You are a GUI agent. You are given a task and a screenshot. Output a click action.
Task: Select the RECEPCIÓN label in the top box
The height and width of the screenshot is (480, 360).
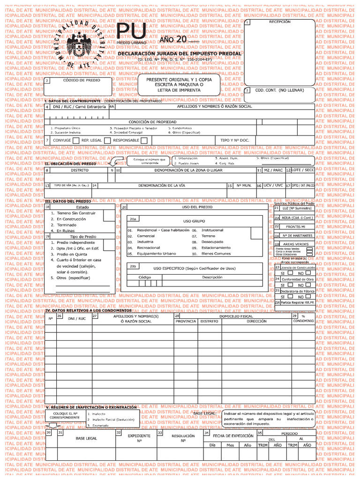[279, 22]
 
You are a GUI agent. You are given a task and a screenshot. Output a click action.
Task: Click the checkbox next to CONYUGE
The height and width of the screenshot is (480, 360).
[76, 140]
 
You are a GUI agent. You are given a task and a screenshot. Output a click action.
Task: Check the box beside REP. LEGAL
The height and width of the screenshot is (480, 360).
[107, 140]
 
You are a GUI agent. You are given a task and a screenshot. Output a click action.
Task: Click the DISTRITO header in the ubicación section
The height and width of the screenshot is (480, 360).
[80, 170]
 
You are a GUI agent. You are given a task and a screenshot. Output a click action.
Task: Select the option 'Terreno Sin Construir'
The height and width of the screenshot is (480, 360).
[76, 213]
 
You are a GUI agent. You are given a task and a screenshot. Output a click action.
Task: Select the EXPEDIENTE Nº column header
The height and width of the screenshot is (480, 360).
[139, 438]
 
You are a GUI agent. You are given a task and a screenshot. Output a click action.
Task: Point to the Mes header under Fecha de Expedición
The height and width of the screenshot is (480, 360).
[230, 445]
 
